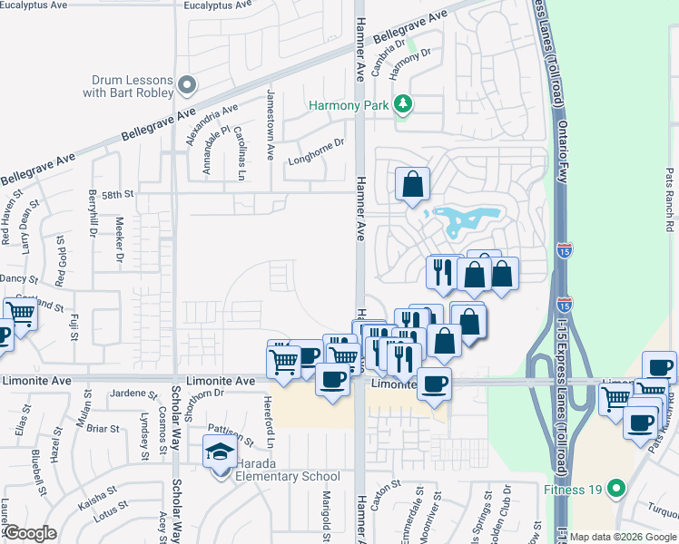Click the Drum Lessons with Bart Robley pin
tap(187, 86)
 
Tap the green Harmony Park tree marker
tap(402, 105)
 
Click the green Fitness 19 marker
tap(616, 489)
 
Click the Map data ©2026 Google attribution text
tap(623, 537)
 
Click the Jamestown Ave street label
tap(270, 124)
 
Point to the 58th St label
tap(117, 194)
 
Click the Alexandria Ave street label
tap(212, 124)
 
